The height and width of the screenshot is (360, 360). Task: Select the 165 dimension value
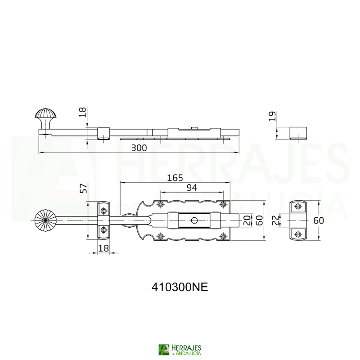175,178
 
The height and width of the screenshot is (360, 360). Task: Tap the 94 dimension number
192,188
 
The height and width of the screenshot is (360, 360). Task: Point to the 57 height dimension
83,189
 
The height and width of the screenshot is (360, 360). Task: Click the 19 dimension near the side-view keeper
271,117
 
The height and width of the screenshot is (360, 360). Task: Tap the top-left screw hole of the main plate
161,205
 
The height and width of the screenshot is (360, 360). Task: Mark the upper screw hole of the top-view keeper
298,207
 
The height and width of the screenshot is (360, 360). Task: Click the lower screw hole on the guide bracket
104,230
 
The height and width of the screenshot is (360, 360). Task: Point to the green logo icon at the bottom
163,350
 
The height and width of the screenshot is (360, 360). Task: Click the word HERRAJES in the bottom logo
186,347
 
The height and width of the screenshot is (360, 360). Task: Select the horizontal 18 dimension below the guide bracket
104,248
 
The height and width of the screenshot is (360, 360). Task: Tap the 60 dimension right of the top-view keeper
319,220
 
